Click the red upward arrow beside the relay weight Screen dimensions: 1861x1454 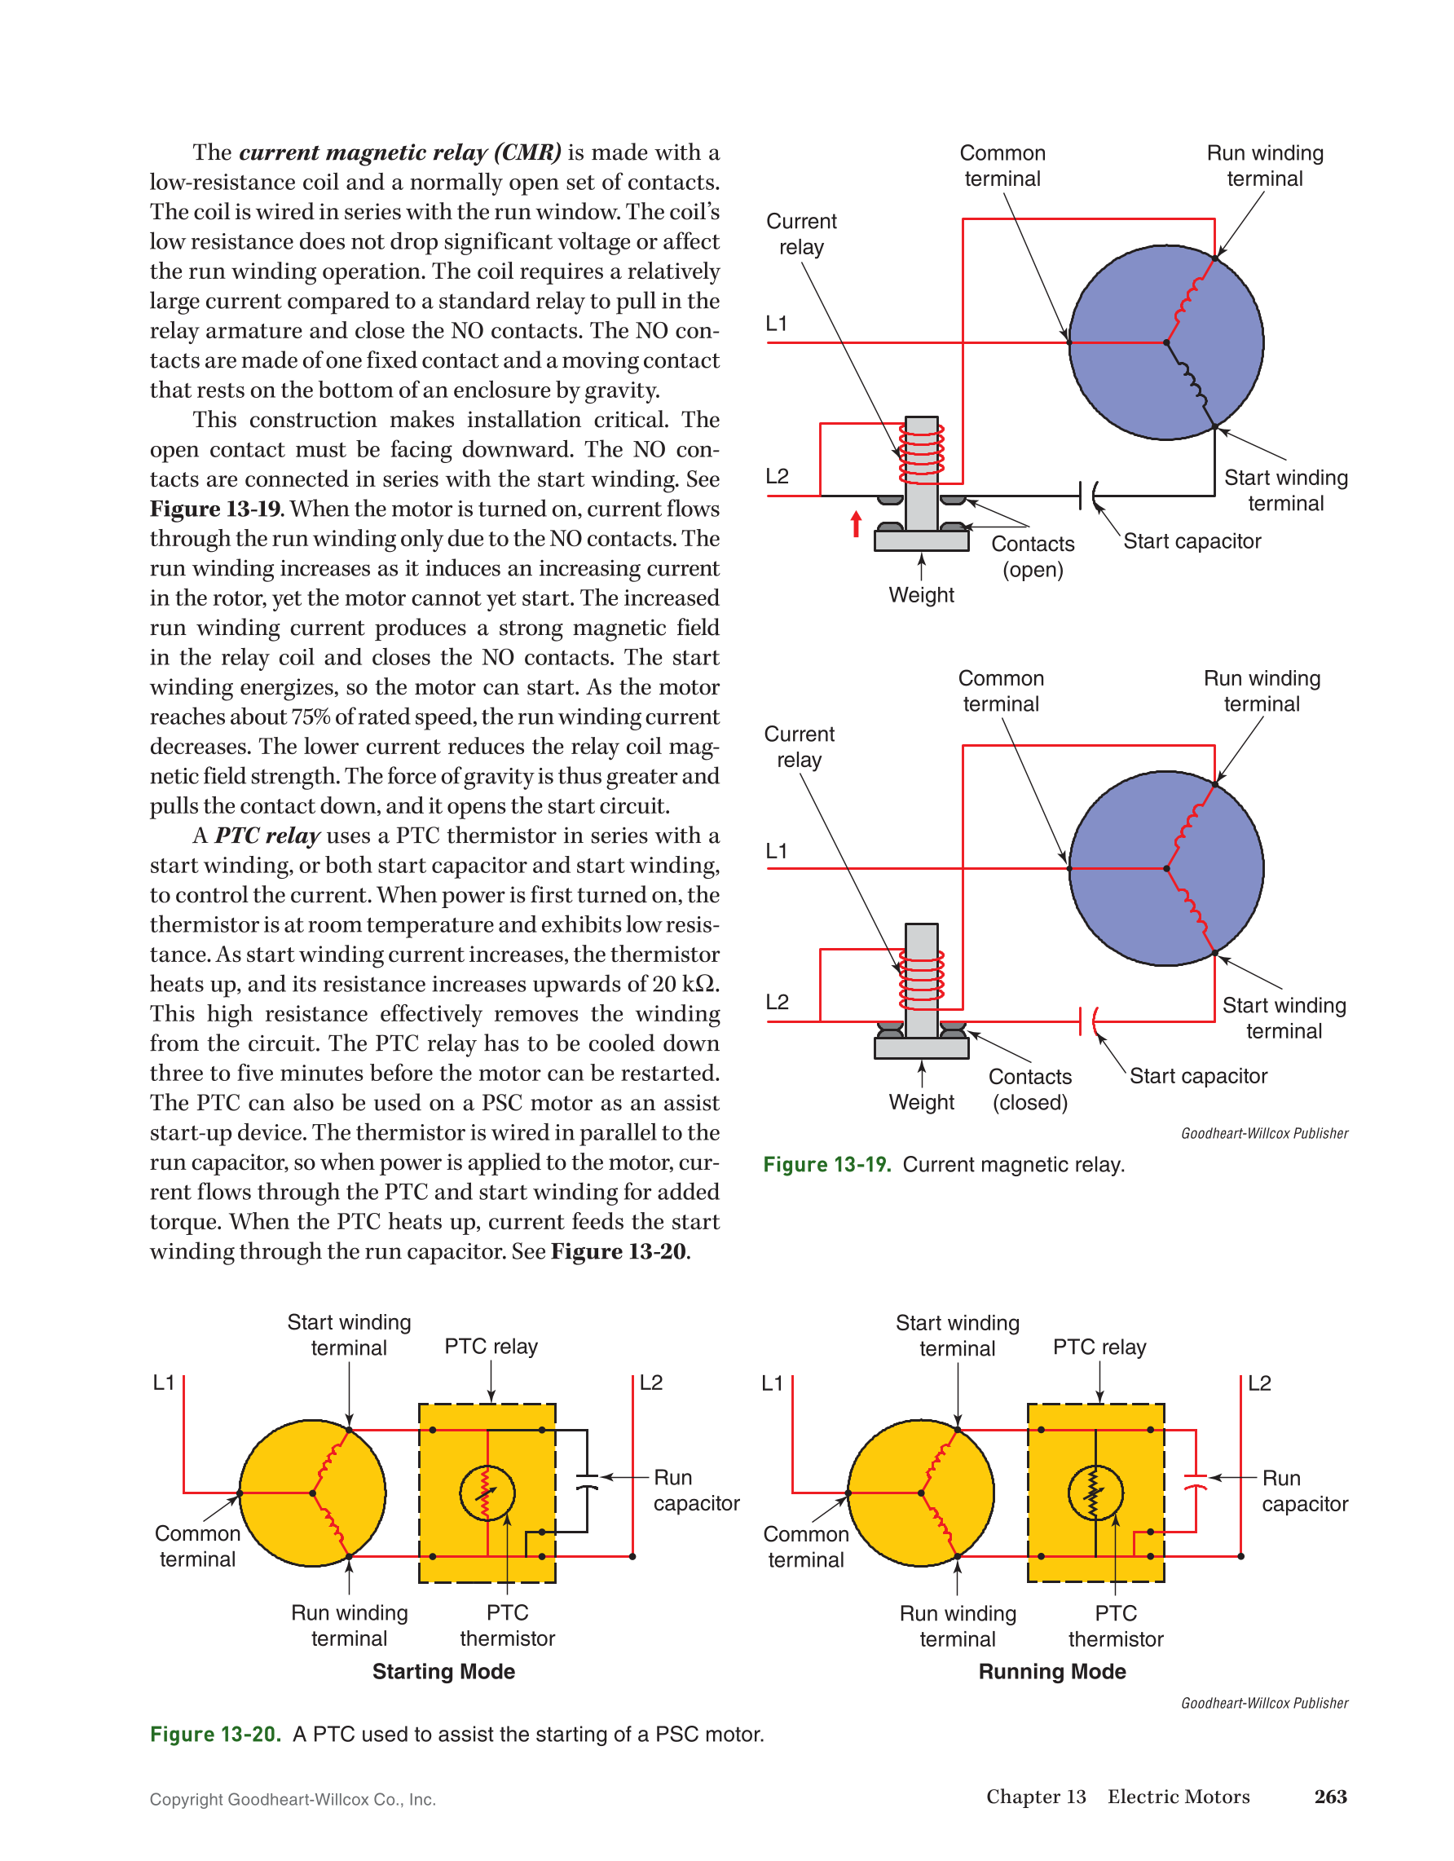pyautogui.click(x=856, y=524)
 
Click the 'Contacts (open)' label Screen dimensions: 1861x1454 pyautogui.click(x=1033, y=557)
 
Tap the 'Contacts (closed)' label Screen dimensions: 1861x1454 pyautogui.click(x=1030, y=1090)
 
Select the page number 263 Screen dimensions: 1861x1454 pyautogui.click(x=1329, y=1797)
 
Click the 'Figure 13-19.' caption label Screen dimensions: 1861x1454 pyautogui.click(x=826, y=1165)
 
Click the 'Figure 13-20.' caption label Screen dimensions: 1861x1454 pyautogui.click(x=214, y=1734)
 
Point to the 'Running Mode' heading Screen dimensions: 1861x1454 pyautogui.click(x=1052, y=1672)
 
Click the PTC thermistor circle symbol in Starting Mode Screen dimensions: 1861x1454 pyautogui.click(x=487, y=1493)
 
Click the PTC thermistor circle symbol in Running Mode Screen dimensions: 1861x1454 pyautogui.click(x=1095, y=1493)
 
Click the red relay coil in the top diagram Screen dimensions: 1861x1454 pyautogui.click(x=922, y=452)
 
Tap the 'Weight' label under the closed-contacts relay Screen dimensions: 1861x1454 pyautogui.click(x=921, y=1103)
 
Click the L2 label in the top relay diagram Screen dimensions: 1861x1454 pyautogui.click(x=777, y=476)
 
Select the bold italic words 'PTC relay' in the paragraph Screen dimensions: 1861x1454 pyautogui.click(x=267, y=836)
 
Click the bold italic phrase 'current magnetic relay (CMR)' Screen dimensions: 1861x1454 pyautogui.click(x=399, y=152)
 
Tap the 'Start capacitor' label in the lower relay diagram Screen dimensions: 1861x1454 pyautogui.click(x=1197, y=1076)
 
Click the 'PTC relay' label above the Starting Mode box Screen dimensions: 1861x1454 pyautogui.click(x=491, y=1347)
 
